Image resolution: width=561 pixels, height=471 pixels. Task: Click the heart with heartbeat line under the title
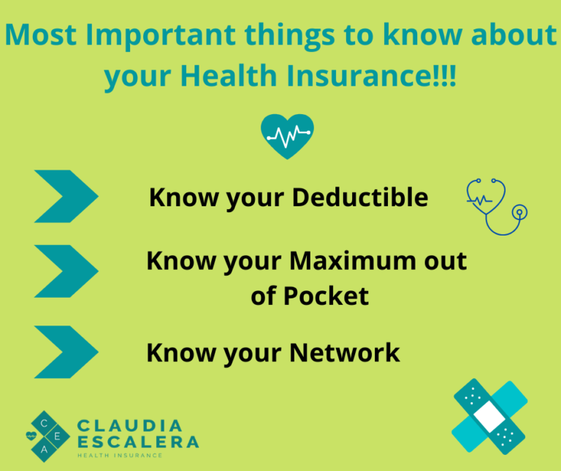coord(286,136)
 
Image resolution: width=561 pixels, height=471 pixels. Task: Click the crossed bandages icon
coord(489,416)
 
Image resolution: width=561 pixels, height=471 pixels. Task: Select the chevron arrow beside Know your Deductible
coord(66,196)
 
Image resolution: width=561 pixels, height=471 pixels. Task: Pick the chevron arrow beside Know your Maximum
coord(66,271)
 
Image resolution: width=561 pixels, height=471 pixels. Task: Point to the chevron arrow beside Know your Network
coord(66,352)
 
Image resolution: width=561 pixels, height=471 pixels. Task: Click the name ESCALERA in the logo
coord(137,442)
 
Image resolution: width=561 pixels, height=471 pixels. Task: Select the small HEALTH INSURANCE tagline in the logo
coord(121,455)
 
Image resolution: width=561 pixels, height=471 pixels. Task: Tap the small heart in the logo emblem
coord(30,436)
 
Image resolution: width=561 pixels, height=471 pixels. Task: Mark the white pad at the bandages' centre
coord(488,417)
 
